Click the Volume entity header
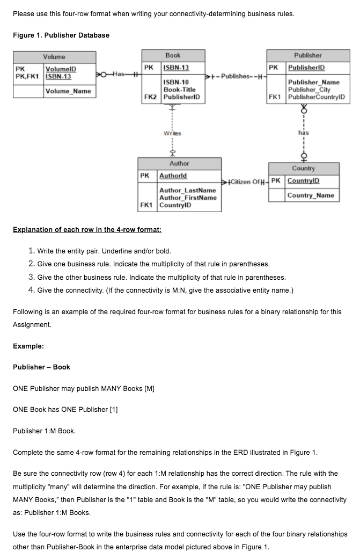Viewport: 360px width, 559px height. coord(54,57)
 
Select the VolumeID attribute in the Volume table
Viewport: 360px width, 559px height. coord(61,69)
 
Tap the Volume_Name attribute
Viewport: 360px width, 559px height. coord(68,91)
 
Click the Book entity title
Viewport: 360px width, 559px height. coord(173,55)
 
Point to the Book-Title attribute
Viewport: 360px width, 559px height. coord(179,90)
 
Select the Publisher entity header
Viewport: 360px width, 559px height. coord(307,55)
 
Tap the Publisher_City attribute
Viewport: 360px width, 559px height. coord(310,90)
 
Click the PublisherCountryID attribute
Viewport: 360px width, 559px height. coord(317,97)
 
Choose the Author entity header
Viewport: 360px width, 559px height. coord(179,163)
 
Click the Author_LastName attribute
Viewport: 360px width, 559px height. coord(187,190)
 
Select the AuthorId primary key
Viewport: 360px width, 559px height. coord(173,176)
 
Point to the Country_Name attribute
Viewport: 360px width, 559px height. coord(310,195)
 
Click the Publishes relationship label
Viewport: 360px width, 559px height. coord(238,76)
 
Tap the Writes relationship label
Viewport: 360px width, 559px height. coord(172,133)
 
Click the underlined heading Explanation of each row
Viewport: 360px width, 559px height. coord(87,230)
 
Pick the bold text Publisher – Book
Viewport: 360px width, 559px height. coord(41,367)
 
